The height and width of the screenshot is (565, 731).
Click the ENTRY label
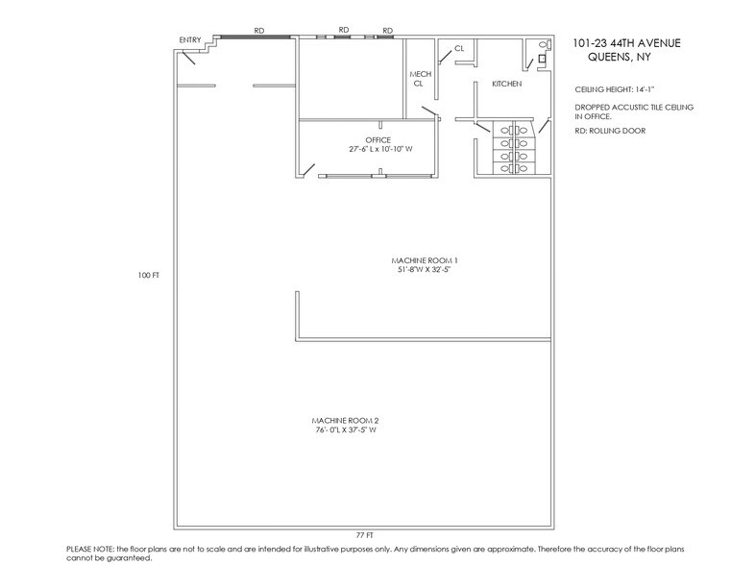click(189, 39)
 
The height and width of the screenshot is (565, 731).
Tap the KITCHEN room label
click(506, 85)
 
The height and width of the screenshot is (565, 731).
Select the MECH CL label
click(420, 79)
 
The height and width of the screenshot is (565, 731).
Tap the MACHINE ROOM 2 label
click(338, 421)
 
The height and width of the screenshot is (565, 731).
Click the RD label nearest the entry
click(259, 31)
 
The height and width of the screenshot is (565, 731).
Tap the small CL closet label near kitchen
click(459, 48)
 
